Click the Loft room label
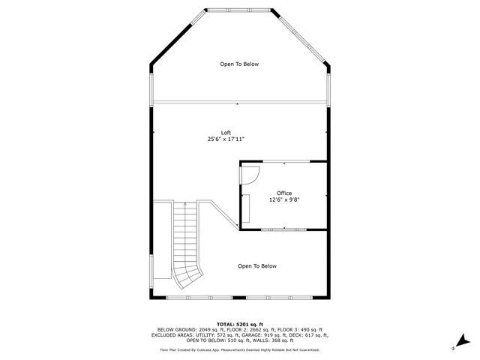[x=226, y=133]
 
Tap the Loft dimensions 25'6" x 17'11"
[x=226, y=139]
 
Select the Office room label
[x=284, y=193]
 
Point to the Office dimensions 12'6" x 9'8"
[x=284, y=200]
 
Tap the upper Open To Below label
[x=239, y=64]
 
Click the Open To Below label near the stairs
[x=257, y=266]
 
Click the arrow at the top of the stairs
[x=185, y=205]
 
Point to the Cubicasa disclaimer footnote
[x=239, y=350]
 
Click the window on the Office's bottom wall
[x=283, y=229]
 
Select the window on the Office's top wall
[x=283, y=161]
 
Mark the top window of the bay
[x=239, y=10]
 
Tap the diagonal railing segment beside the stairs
[x=223, y=217]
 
